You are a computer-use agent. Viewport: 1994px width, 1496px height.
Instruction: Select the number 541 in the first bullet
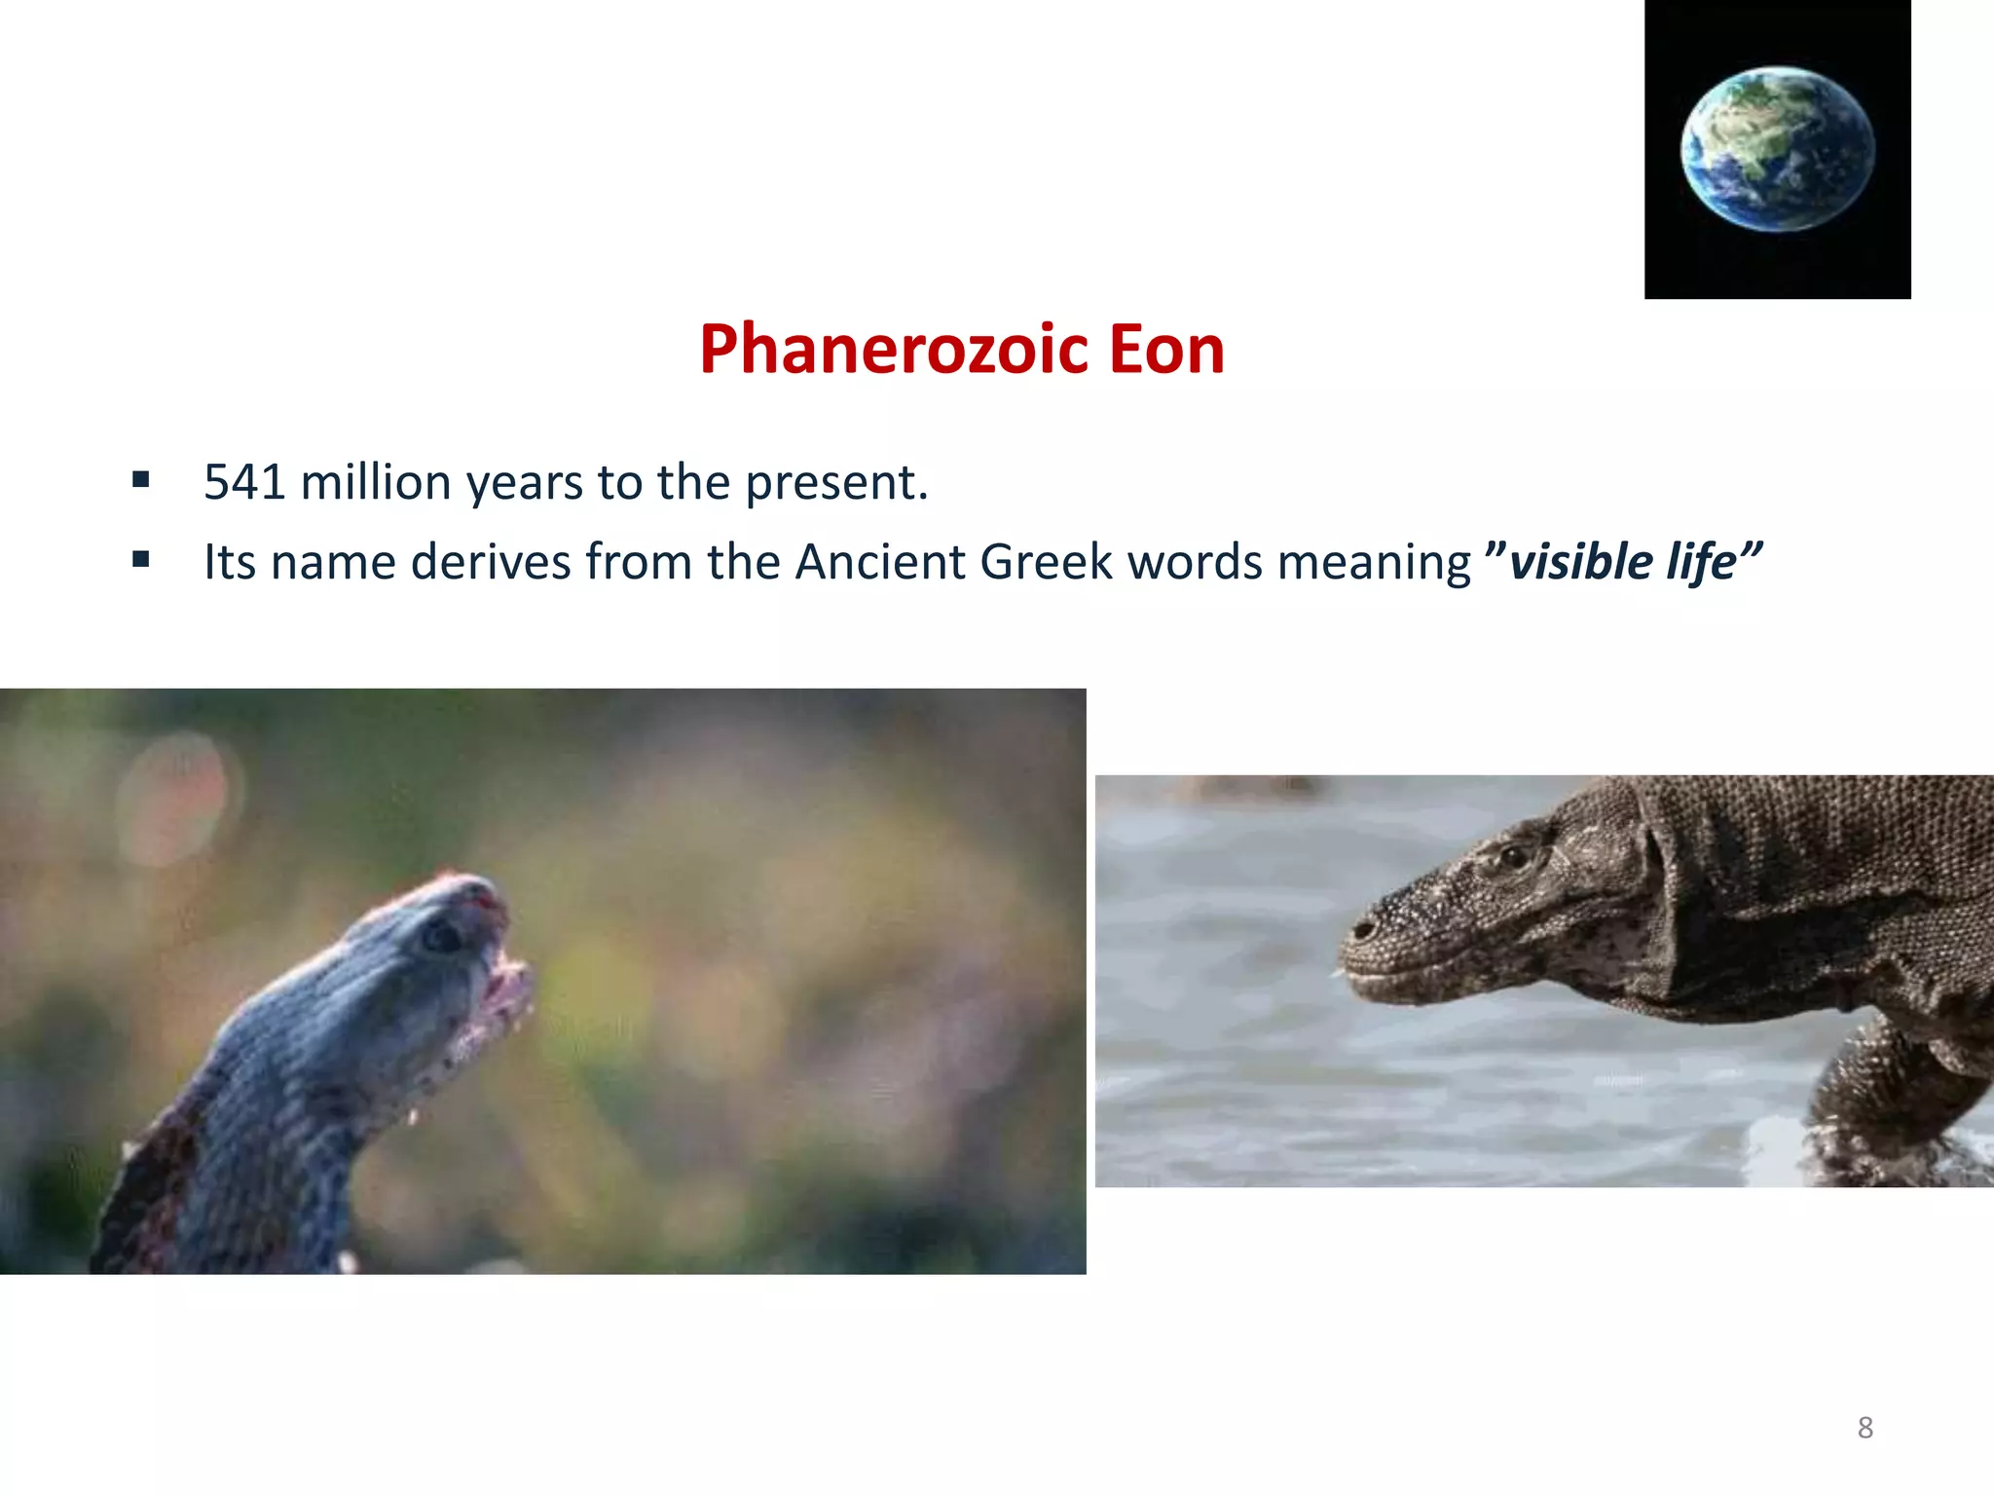(x=244, y=482)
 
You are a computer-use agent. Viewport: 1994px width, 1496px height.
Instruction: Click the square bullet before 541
(x=141, y=479)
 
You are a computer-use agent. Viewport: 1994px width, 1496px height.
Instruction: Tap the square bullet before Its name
(x=141, y=559)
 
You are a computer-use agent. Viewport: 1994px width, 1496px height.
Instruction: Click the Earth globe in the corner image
(x=1777, y=149)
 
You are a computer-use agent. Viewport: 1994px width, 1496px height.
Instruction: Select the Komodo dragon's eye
(x=1513, y=857)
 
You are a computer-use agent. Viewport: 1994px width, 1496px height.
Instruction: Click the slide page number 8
(x=1865, y=1428)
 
